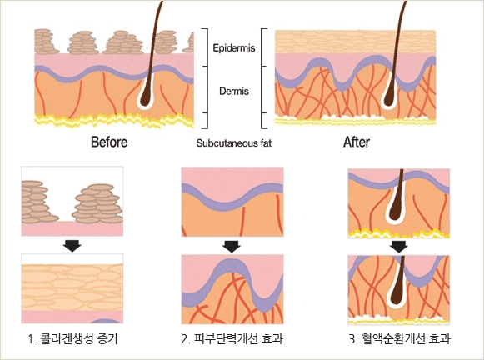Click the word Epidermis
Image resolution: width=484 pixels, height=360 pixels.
click(x=234, y=48)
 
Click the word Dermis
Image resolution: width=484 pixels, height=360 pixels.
click(x=234, y=91)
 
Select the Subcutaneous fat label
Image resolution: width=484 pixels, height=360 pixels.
click(x=234, y=143)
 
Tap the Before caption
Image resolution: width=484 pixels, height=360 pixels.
click(x=109, y=142)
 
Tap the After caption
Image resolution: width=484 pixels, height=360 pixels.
click(x=357, y=142)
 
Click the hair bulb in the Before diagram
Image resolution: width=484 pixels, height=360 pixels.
click(x=145, y=97)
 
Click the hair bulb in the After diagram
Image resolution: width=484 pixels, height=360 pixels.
click(x=389, y=97)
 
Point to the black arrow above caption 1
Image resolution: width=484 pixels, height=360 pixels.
click(x=72, y=246)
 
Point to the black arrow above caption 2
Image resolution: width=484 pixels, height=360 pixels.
click(x=232, y=247)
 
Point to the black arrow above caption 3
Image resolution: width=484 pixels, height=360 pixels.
click(x=398, y=247)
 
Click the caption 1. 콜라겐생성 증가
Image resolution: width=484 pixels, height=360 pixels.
click(x=72, y=339)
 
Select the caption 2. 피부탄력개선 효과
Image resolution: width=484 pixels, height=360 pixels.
click(x=232, y=339)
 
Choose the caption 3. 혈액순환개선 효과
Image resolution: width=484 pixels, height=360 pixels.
click(x=399, y=339)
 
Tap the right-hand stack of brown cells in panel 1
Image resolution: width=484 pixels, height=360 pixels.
click(x=97, y=204)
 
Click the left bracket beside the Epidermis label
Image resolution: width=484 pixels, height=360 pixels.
click(x=206, y=77)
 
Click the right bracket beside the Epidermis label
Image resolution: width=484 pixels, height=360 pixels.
click(x=263, y=77)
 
